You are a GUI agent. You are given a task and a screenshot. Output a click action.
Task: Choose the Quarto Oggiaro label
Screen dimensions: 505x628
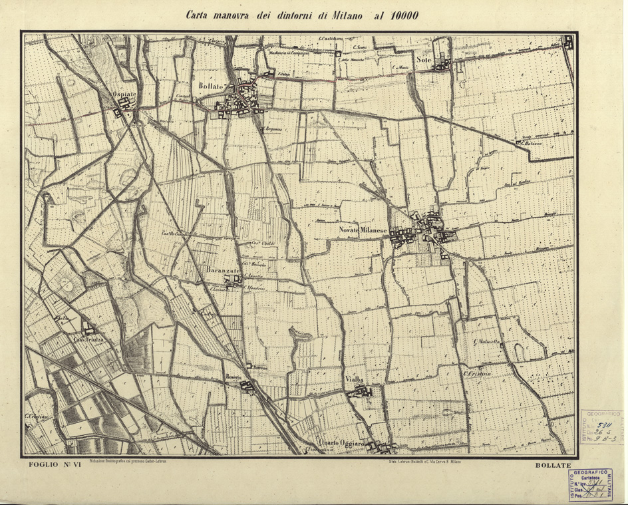pos(341,444)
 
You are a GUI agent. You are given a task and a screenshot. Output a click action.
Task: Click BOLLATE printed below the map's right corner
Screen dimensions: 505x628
pos(553,465)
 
